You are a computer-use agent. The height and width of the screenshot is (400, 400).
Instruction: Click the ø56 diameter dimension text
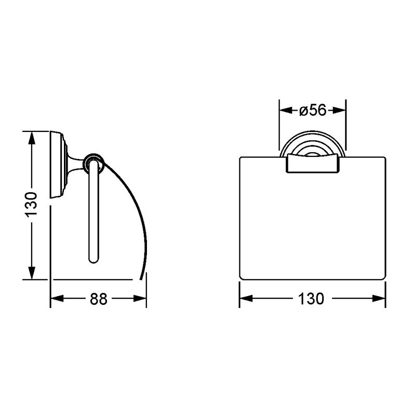pos(313,111)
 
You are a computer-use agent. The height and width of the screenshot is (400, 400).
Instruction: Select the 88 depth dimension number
pos(99,299)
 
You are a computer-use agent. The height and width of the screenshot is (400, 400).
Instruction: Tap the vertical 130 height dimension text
pos(31,205)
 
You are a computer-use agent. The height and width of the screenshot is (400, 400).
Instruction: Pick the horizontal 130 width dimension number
pos(311,299)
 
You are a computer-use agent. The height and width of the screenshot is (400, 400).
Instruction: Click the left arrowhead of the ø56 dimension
pos(286,111)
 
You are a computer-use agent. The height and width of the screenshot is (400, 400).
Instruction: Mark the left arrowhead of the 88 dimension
pos(57,299)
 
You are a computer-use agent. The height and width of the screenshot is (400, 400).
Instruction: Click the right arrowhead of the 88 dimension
pos(140,299)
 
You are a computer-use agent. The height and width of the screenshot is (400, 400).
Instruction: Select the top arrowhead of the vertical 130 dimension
pos(32,138)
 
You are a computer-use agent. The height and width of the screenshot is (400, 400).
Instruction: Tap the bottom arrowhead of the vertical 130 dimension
pos(32,273)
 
